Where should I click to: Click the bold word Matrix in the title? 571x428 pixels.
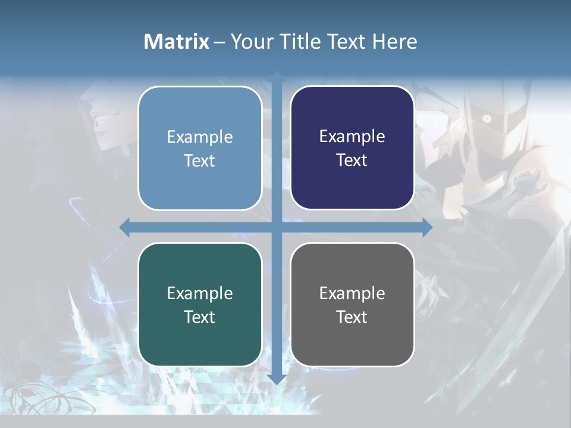pyautogui.click(x=177, y=42)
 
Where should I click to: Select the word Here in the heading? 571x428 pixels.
pyautogui.click(x=394, y=42)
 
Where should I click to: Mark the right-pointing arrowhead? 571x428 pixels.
pyautogui.click(x=426, y=228)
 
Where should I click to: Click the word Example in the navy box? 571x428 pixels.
pyautogui.click(x=352, y=137)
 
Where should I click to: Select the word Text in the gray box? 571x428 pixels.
pyautogui.click(x=352, y=317)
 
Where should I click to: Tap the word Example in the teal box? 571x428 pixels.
pyautogui.click(x=200, y=293)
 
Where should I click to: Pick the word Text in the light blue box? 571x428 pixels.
pyautogui.click(x=200, y=160)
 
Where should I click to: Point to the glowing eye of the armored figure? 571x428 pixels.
pyautogui.click(x=487, y=119)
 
